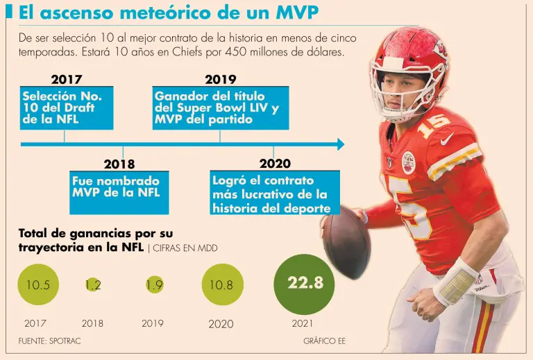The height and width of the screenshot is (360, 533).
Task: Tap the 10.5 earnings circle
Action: (37, 285)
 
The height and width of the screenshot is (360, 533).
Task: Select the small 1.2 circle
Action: (93, 285)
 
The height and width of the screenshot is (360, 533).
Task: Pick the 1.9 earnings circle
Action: (154, 285)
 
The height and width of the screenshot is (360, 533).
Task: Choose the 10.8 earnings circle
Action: (222, 285)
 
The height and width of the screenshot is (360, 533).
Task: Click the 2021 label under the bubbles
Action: (303, 323)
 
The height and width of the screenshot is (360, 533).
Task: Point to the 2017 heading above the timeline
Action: (67, 80)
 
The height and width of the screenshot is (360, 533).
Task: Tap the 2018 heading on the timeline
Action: (119, 164)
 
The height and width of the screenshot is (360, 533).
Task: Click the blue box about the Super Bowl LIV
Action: (220, 108)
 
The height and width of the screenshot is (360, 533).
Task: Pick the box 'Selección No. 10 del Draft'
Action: (66, 108)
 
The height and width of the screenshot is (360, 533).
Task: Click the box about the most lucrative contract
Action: (274, 194)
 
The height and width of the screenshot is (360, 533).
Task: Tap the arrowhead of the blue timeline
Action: (340, 144)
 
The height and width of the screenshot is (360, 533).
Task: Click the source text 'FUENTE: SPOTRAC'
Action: (44, 341)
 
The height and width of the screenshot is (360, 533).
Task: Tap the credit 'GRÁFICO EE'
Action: (324, 341)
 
